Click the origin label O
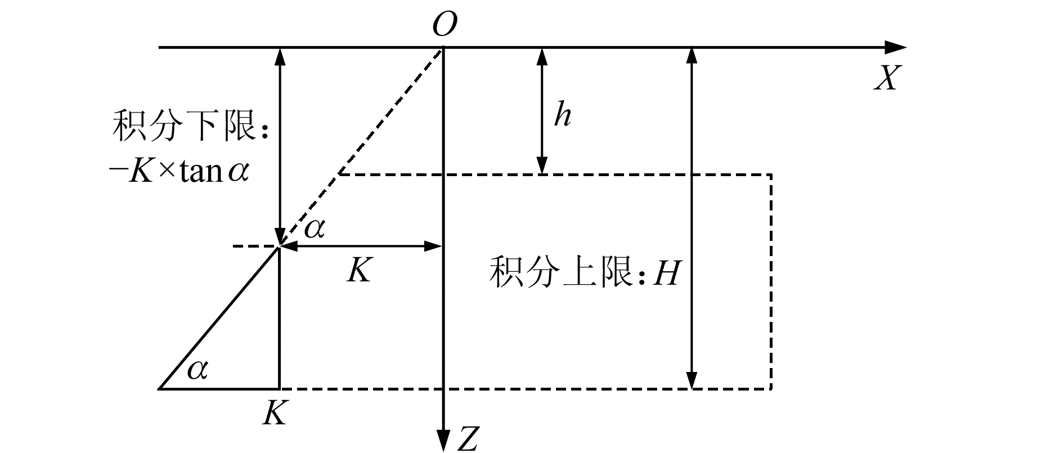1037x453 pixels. pyautogui.click(x=445, y=24)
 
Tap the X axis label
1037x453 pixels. pyautogui.click(x=887, y=79)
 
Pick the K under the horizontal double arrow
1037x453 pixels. pyautogui.click(x=359, y=271)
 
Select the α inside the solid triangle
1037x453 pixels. pyautogui.click(x=197, y=369)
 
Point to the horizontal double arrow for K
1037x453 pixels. pyautogui.click(x=360, y=246)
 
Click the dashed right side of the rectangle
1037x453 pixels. pyautogui.click(x=771, y=281)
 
